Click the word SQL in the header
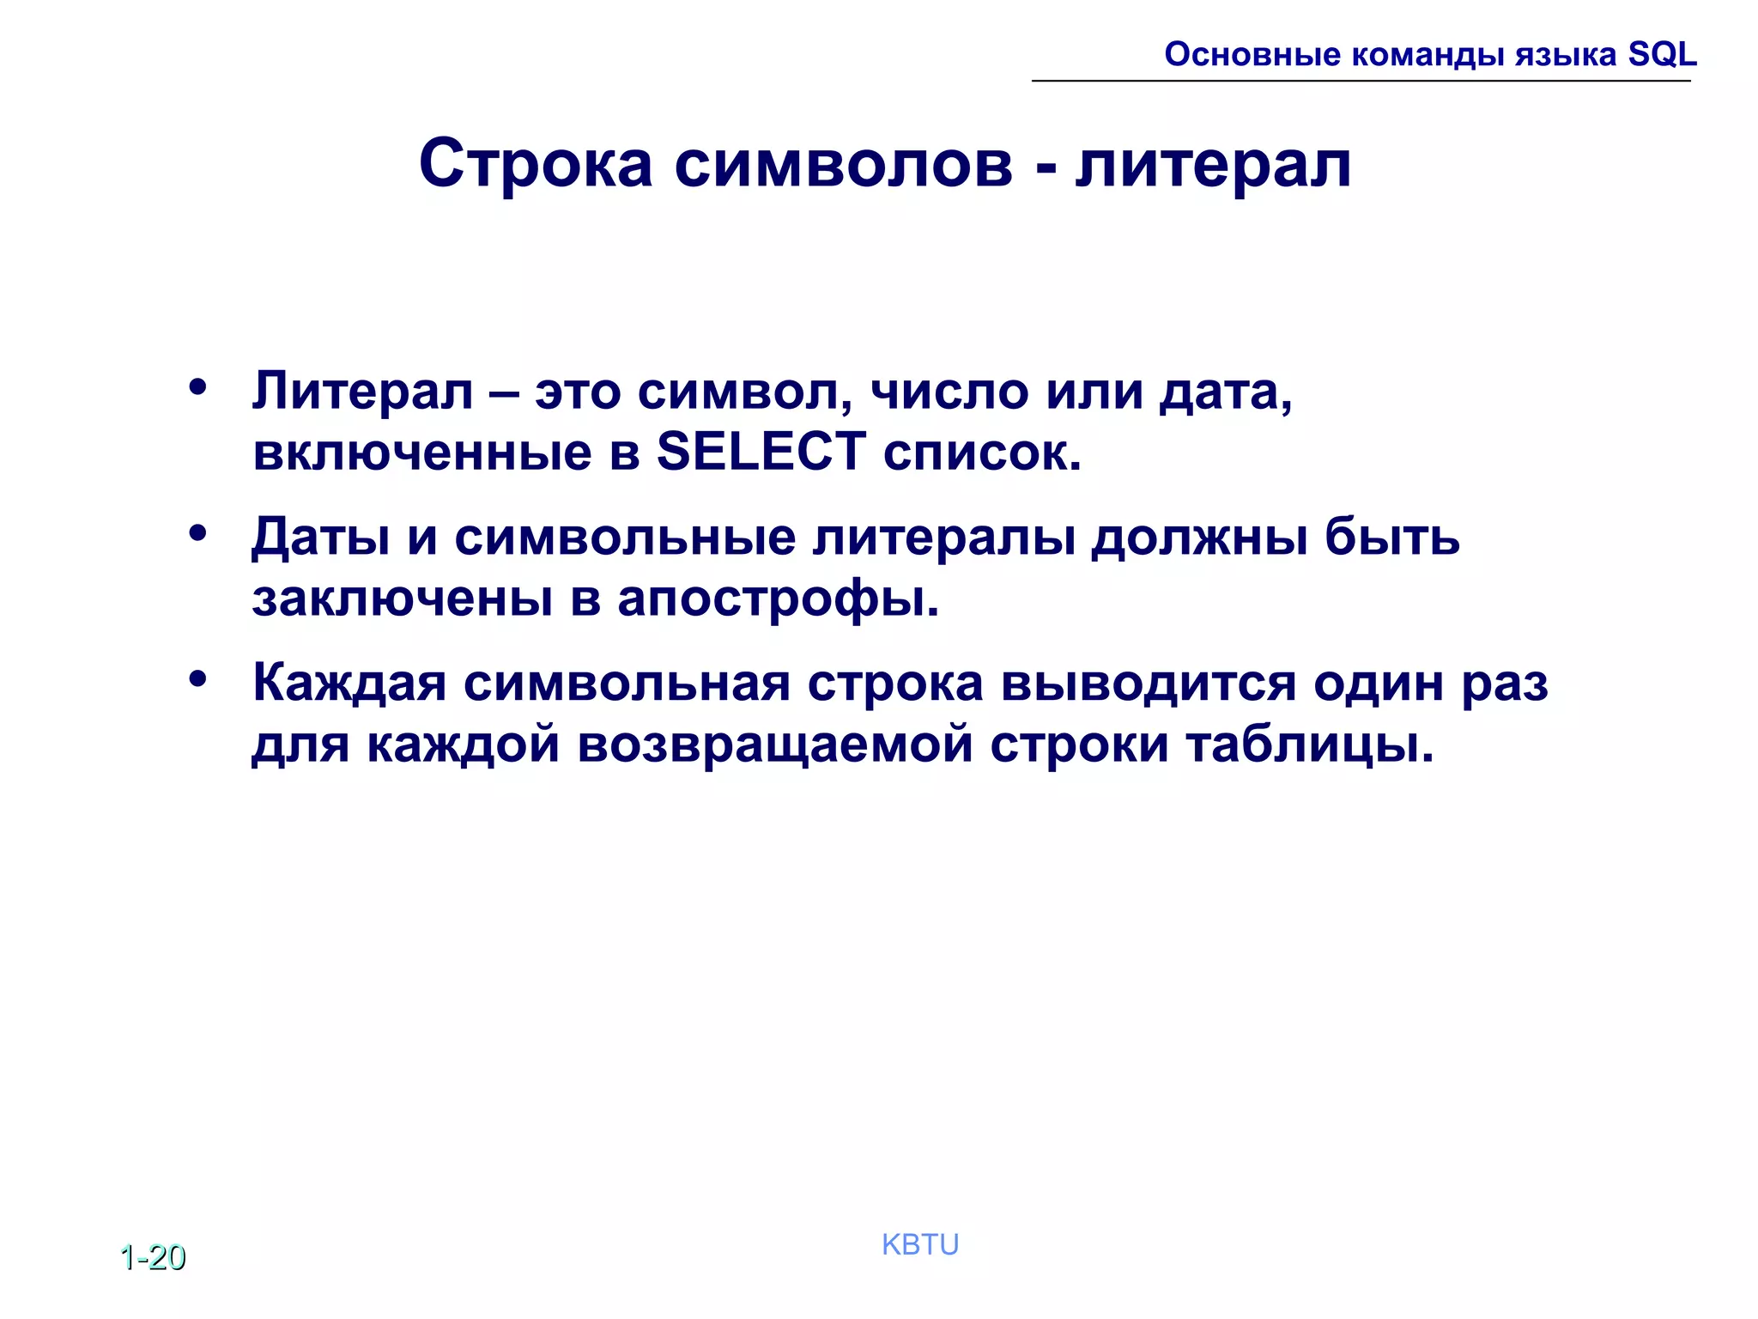1662,54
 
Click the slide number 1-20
153,1257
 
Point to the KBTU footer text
920,1244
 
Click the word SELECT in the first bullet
761,452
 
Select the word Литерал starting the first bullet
362,392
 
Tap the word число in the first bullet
949,392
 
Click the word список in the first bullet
981,452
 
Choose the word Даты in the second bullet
321,538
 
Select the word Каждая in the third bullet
349,684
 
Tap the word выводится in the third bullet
1149,684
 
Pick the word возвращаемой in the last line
775,744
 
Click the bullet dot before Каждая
198,679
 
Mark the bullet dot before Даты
198,533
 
